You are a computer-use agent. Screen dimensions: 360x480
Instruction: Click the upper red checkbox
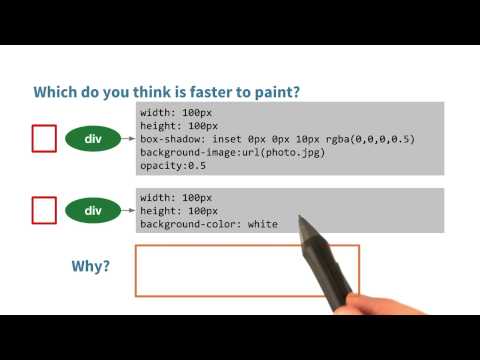tap(44, 138)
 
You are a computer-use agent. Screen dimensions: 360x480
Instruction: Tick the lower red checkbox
tap(44, 210)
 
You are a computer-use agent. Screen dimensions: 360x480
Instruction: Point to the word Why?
tap(91, 267)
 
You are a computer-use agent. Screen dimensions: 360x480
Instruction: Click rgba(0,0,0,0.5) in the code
tap(363, 138)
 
